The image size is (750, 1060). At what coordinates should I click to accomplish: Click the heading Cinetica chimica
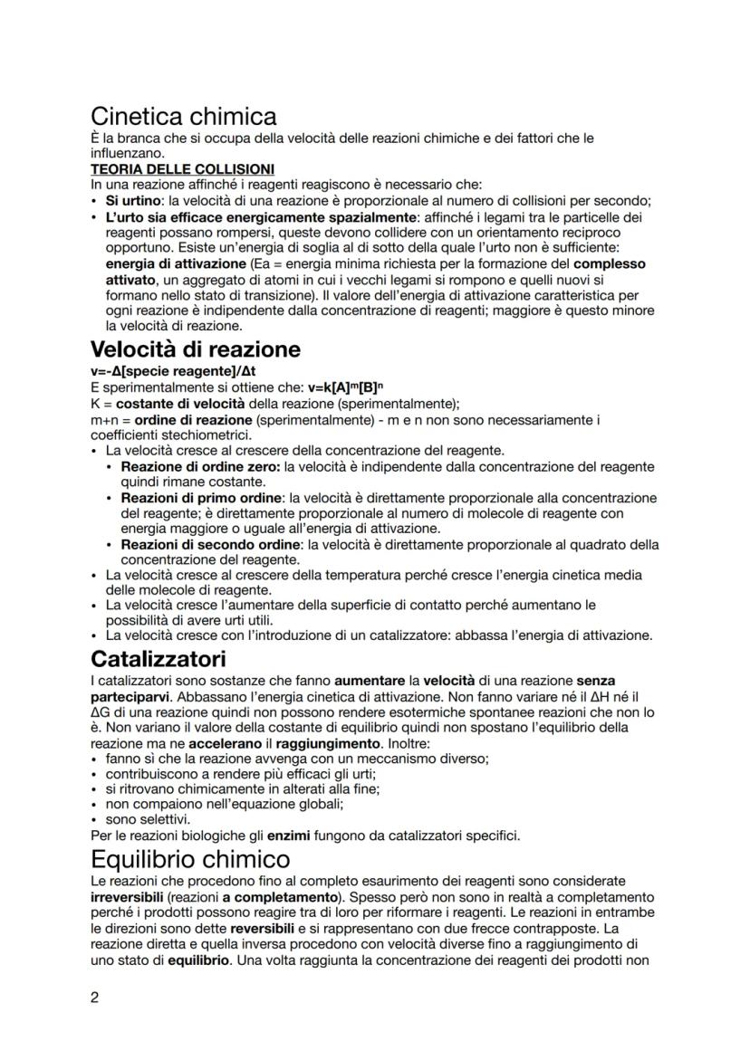(x=184, y=117)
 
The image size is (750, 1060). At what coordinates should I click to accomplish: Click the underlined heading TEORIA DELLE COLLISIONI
(x=183, y=169)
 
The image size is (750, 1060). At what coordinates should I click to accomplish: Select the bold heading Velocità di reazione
(x=196, y=349)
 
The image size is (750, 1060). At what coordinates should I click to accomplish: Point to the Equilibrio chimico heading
(x=190, y=858)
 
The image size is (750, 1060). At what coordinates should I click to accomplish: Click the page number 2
(x=95, y=998)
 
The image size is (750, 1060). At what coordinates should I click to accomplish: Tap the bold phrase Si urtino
(x=134, y=201)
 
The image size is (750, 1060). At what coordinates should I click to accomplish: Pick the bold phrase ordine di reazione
(x=186, y=419)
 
